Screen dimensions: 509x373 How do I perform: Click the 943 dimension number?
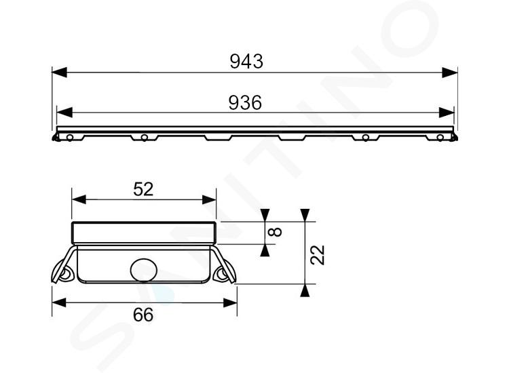point(246,61)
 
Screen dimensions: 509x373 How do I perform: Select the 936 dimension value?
point(245,102)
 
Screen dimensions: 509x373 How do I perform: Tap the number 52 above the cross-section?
point(143,189)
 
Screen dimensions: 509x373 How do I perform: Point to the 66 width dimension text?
point(143,315)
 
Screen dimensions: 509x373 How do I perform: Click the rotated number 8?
point(276,232)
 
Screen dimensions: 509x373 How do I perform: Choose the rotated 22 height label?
point(317,255)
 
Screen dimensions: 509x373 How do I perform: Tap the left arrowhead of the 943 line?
point(60,73)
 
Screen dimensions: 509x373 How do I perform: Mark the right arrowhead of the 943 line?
point(450,73)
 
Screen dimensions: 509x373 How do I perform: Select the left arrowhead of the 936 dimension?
point(64,113)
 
